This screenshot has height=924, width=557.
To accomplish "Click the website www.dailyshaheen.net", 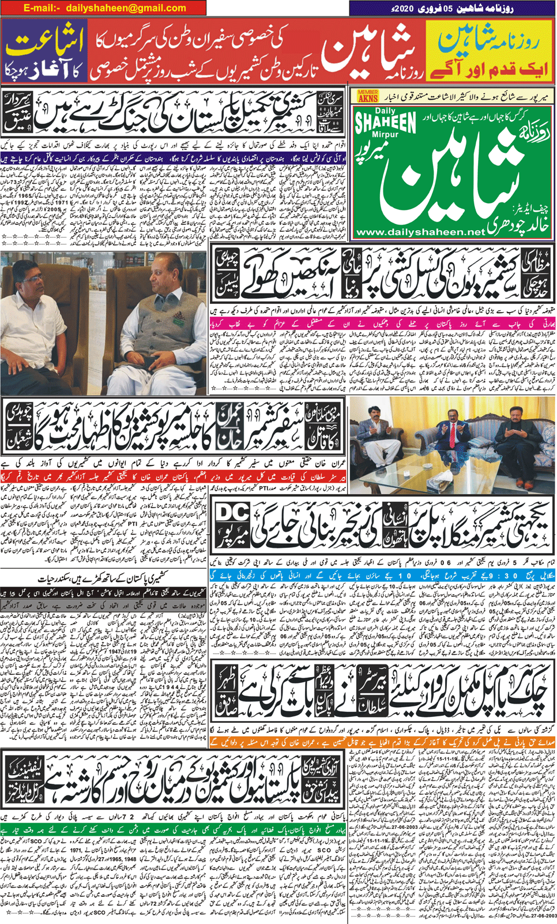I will [x=421, y=232].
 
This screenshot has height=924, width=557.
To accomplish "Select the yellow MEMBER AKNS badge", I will [x=368, y=96].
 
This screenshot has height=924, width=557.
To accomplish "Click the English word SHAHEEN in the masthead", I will [x=386, y=123].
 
